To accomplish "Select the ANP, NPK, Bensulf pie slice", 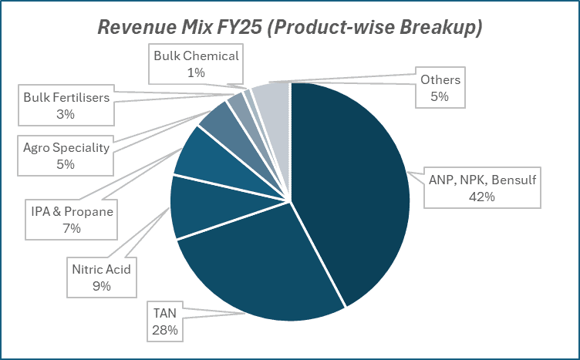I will (355, 193).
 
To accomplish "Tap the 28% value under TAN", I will (165, 330).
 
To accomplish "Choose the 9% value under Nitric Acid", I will (101, 286).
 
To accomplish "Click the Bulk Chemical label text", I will (196, 56).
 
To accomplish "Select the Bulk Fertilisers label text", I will (65, 99).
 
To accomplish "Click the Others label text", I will (440, 80).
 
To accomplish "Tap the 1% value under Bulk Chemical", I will (196, 72).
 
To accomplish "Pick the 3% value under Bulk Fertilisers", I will (65, 115).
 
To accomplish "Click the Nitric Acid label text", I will (101, 270).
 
